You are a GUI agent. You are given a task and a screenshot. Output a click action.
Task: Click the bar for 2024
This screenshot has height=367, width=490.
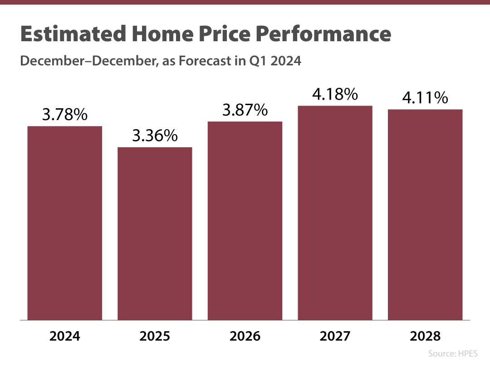click(x=64, y=223)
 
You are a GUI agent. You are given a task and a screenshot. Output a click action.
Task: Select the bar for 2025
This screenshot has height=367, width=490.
click(x=155, y=233)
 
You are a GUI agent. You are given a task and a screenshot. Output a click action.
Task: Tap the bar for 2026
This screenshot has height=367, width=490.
click(x=245, y=221)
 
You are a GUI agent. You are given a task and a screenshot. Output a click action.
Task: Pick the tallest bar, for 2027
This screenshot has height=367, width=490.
click(x=335, y=213)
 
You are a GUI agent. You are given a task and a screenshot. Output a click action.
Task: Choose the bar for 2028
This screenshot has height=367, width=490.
click(x=425, y=215)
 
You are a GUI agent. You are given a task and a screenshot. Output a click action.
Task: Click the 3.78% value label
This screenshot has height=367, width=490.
click(x=64, y=115)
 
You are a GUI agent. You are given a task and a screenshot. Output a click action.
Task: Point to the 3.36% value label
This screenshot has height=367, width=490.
click(x=155, y=136)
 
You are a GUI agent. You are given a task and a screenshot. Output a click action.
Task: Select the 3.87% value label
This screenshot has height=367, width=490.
click(x=245, y=110)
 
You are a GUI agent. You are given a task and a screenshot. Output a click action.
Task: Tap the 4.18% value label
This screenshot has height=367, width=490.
click(x=335, y=94)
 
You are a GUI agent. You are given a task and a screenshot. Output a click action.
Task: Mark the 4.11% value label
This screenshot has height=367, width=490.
click(x=425, y=98)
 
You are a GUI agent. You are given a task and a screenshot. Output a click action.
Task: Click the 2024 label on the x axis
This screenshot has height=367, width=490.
click(x=64, y=336)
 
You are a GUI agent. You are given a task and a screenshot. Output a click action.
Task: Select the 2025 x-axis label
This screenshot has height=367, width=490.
click(x=155, y=336)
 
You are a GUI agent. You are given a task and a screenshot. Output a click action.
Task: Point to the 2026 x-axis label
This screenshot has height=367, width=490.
click(x=245, y=336)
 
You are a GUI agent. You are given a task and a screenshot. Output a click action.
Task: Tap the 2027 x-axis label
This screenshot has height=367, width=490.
click(x=335, y=336)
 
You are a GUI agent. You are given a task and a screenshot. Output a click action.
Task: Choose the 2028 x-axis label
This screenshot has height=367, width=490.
click(x=425, y=336)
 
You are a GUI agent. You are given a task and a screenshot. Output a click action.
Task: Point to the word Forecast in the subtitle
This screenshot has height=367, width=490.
click(x=206, y=61)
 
